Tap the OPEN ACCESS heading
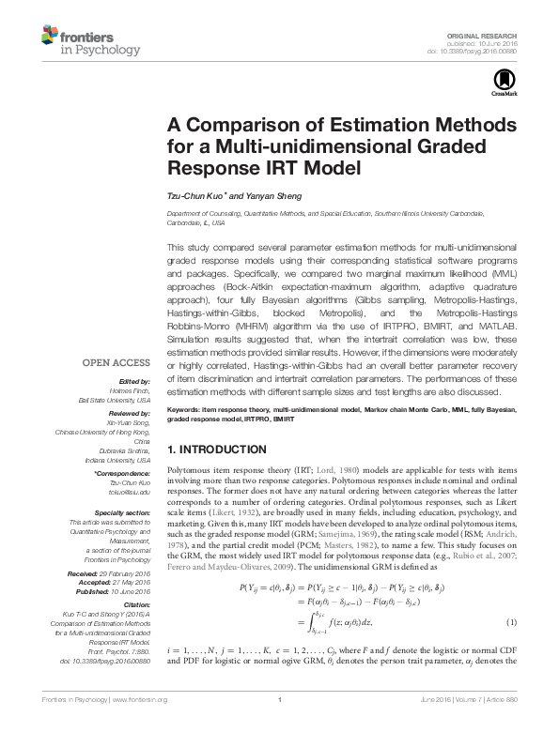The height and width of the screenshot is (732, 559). point(116,362)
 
